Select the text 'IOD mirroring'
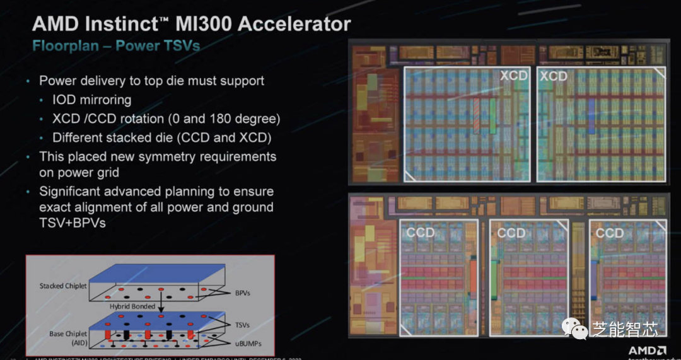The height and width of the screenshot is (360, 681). point(92,100)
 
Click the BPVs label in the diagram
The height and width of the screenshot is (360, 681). point(241,294)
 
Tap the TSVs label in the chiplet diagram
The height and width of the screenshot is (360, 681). point(241,325)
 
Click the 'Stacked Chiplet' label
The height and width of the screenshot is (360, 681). point(64,286)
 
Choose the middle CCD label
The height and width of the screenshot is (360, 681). point(511,233)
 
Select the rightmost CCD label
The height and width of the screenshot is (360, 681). point(609,233)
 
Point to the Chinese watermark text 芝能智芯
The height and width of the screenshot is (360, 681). point(625,328)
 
